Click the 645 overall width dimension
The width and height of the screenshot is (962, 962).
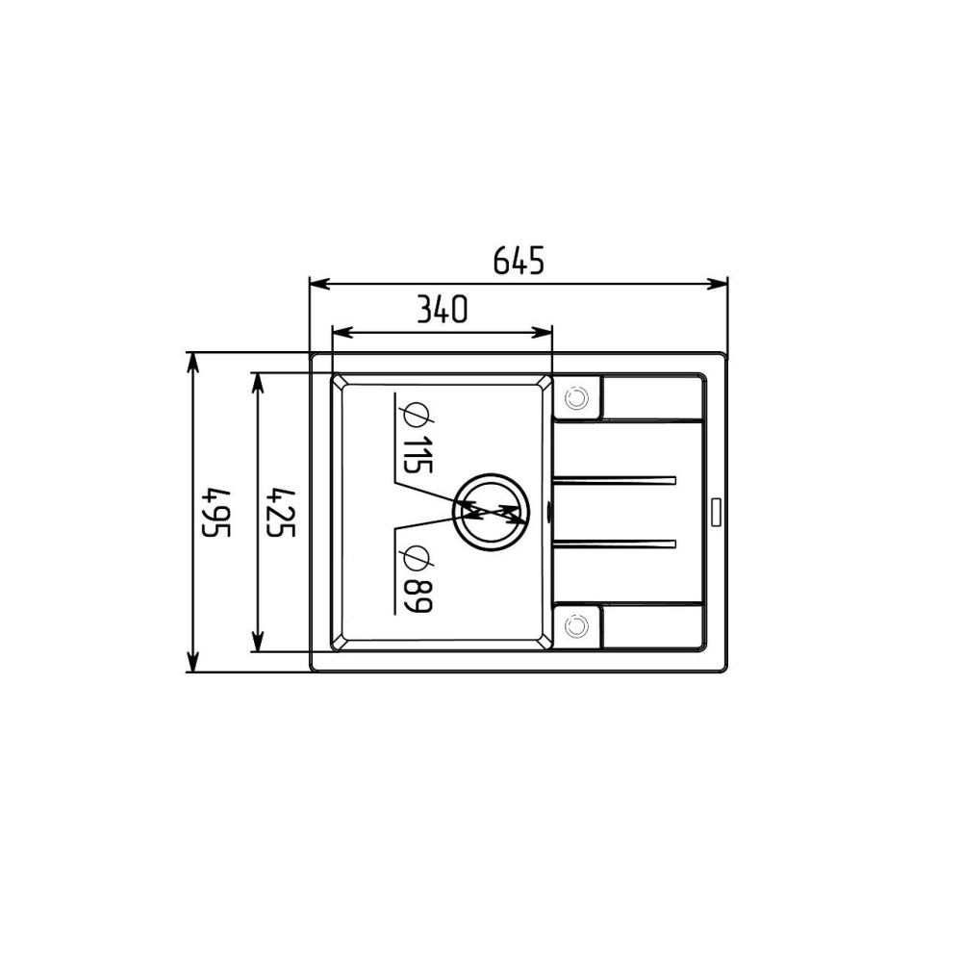coord(519,260)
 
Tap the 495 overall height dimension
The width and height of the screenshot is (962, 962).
coord(216,513)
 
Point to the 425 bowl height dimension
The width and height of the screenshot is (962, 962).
coord(282,513)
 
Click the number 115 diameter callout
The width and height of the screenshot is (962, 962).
coord(418,455)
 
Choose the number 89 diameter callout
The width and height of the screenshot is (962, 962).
coord(418,595)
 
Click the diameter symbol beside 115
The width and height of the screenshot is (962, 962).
coord(417,416)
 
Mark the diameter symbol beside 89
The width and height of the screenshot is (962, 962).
coord(417,558)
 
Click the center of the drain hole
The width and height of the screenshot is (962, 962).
coord(491,512)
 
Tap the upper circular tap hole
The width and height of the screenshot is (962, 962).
coord(576,397)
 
